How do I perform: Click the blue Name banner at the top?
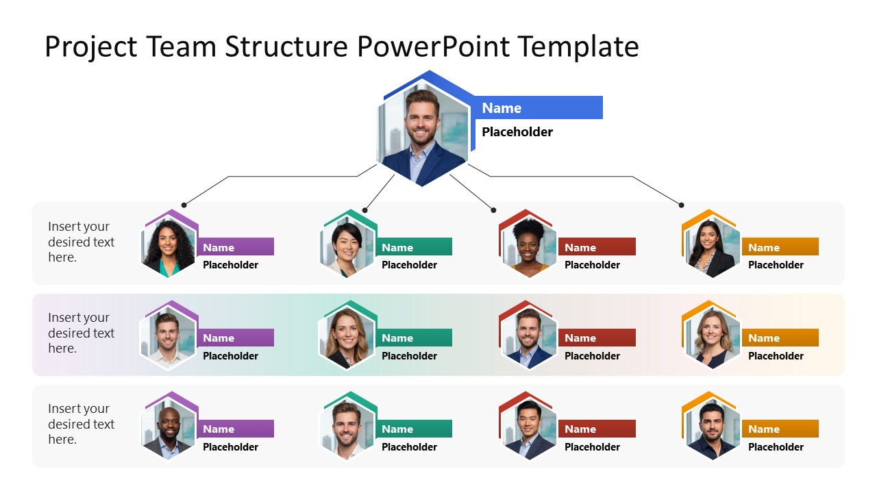pyautogui.click(x=538, y=108)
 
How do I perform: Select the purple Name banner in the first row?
pyautogui.click(x=236, y=247)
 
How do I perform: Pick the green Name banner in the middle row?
pyautogui.click(x=414, y=338)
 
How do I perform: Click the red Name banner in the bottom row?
pyautogui.click(x=597, y=429)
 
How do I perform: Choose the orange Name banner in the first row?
pyautogui.click(x=780, y=247)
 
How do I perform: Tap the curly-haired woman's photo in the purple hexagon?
pyautogui.click(x=168, y=248)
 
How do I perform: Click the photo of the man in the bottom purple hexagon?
pyautogui.click(x=168, y=431)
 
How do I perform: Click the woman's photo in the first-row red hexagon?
pyautogui.click(x=528, y=249)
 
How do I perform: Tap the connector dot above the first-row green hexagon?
pyautogui.click(x=365, y=210)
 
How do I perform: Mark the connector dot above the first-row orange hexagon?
pyautogui.click(x=681, y=205)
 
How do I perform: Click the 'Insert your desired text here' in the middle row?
pyautogui.click(x=81, y=333)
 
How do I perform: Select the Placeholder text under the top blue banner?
pyautogui.click(x=517, y=132)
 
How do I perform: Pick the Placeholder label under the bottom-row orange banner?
pyautogui.click(x=776, y=447)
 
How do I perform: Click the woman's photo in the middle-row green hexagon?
pyautogui.click(x=347, y=340)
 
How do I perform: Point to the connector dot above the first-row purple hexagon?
pyautogui.click(x=184, y=205)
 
